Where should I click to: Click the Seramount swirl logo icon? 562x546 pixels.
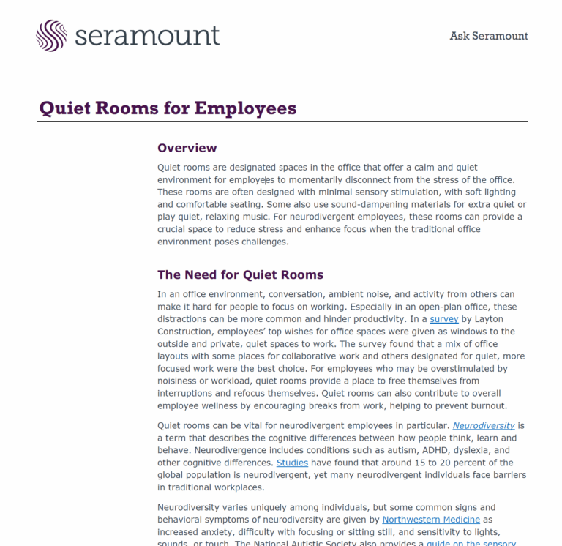pyautogui.click(x=51, y=35)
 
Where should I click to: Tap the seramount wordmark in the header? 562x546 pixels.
pyautogui.click(x=146, y=35)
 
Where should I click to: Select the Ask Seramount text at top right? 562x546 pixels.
pyautogui.click(x=488, y=36)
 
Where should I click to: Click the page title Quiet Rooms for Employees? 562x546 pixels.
pyautogui.click(x=168, y=108)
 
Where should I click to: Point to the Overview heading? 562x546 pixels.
pyautogui.click(x=187, y=148)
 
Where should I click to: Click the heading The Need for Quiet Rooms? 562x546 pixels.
pyautogui.click(x=240, y=275)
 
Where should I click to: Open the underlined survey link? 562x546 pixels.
pyautogui.click(x=443, y=319)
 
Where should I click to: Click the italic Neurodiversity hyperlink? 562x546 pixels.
pyautogui.click(x=483, y=425)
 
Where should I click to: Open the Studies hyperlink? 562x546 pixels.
pyautogui.click(x=292, y=463)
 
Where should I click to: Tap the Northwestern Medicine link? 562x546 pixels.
pyautogui.click(x=431, y=520)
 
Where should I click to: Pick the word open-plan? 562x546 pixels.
pyautogui.click(x=426, y=307)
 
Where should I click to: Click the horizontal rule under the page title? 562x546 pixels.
pyautogui.click(x=282, y=121)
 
